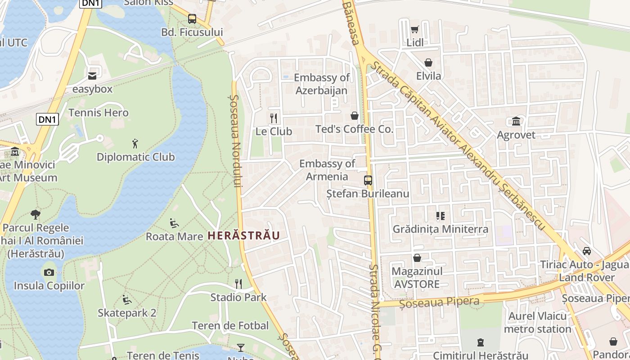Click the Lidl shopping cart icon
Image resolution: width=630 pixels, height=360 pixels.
coord(414,29)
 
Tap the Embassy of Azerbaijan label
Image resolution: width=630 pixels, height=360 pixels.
coord(321,84)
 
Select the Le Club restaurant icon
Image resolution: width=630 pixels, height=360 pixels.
coord(274,118)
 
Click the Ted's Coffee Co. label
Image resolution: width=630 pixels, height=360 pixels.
coord(354,130)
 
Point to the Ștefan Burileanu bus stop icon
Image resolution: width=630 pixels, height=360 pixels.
coord(368,180)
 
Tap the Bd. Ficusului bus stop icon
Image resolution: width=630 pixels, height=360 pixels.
coord(192,19)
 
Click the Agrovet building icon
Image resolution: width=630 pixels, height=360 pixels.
coord(516,121)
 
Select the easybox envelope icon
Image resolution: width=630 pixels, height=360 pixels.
coord(92,76)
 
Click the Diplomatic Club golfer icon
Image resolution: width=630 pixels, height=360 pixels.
coord(135,144)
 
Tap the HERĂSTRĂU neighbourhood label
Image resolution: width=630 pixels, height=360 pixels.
coord(243,235)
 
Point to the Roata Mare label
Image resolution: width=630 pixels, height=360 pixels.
coord(174,236)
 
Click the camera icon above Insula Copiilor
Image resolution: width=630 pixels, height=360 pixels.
coord(49,272)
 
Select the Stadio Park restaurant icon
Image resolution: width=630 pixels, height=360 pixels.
coord(238,284)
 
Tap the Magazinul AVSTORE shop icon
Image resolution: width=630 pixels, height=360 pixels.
coord(417,258)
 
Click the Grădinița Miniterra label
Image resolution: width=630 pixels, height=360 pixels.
coord(440,229)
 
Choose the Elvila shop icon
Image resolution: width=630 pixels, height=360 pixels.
coord(428,63)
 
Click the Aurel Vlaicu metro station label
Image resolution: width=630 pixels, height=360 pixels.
coord(537,323)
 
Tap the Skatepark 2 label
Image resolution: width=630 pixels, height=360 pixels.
coord(127,313)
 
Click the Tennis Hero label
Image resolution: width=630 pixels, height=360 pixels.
coord(99,112)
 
